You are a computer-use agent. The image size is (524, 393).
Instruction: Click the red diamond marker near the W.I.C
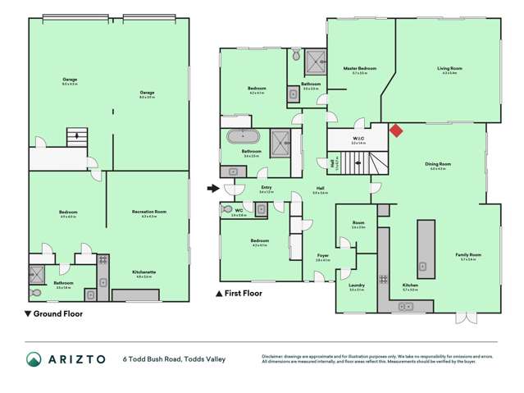[x=395, y=130]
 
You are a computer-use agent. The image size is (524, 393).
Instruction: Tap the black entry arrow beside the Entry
[x=213, y=189]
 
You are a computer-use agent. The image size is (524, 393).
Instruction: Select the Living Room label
[x=448, y=69]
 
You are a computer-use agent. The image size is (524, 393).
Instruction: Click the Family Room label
[x=468, y=254]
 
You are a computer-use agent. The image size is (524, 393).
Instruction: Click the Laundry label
[x=356, y=286]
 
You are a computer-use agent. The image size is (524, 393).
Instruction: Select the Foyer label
[x=323, y=256]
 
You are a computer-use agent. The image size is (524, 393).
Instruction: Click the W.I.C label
[x=358, y=139]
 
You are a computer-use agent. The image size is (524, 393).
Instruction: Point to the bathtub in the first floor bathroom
[x=243, y=137]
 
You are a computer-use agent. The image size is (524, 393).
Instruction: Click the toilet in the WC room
[x=226, y=209]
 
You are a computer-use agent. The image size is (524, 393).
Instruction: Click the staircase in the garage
[x=77, y=137]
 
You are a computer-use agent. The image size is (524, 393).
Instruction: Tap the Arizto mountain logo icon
[x=34, y=359]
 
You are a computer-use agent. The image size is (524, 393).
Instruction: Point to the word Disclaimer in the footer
[x=275, y=356]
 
